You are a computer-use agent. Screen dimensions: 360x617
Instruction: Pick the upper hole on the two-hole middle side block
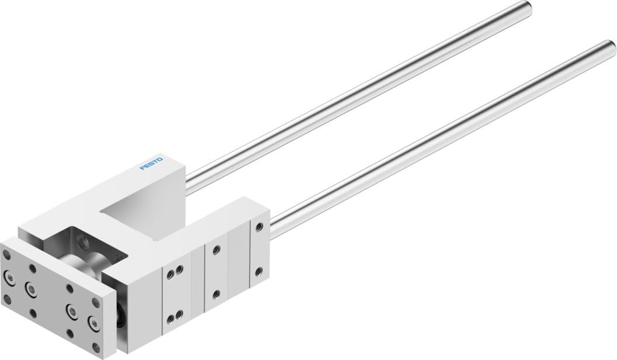coord(216,250)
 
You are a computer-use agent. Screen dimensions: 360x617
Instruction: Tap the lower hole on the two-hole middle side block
coord(216,294)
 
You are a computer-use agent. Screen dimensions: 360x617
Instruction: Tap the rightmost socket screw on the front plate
coord(92,321)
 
